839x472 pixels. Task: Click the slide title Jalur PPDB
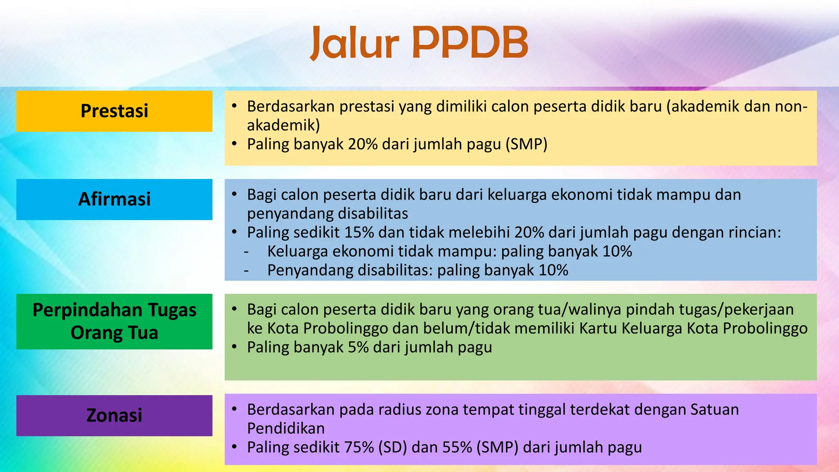pos(419,43)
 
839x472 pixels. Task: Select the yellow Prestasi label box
pos(114,111)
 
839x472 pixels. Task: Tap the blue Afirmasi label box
pos(114,199)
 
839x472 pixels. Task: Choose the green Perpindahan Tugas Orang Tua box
pos(114,321)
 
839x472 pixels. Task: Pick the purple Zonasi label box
pos(114,415)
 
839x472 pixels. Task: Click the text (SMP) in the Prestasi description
pos(526,144)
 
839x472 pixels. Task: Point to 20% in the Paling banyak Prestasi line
pos(362,144)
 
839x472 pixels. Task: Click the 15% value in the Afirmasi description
pos(359,232)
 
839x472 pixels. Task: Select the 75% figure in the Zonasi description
pos(359,447)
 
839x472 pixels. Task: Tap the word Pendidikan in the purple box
pos(286,428)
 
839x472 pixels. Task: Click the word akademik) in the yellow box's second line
pos(283,125)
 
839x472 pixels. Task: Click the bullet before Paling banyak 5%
pos(234,347)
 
